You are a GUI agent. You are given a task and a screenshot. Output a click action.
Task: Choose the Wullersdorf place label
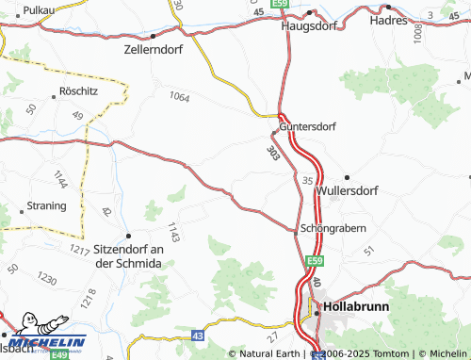348,190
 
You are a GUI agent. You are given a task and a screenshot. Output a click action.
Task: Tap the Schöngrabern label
332,228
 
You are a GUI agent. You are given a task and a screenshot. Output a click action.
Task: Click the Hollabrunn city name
359,307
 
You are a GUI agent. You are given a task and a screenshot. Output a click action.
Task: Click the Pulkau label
38,9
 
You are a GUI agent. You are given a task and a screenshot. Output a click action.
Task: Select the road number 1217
79,249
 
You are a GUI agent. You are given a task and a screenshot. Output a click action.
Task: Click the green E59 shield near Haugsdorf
279,4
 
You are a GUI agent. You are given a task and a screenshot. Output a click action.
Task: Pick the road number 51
368,250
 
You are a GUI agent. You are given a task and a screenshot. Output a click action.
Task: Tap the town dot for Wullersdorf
348,177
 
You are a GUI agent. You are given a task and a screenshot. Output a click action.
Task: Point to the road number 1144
61,179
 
